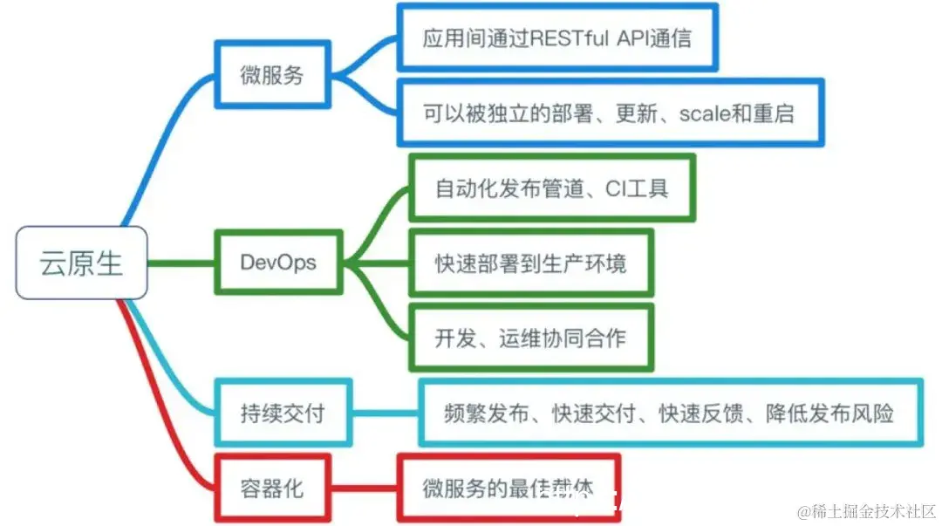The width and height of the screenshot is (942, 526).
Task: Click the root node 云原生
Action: tap(81, 263)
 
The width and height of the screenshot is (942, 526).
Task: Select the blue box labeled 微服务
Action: tap(272, 75)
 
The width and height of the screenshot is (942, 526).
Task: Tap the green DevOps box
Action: tap(278, 263)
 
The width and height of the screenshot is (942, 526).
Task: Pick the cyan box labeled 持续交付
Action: tap(283, 413)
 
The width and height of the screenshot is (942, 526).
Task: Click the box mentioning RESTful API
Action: tap(557, 38)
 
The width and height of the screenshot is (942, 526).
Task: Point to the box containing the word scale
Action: tap(610, 113)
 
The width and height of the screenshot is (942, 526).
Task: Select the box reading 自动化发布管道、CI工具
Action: tap(552, 188)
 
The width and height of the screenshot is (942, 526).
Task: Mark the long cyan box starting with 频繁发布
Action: tap(670, 413)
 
